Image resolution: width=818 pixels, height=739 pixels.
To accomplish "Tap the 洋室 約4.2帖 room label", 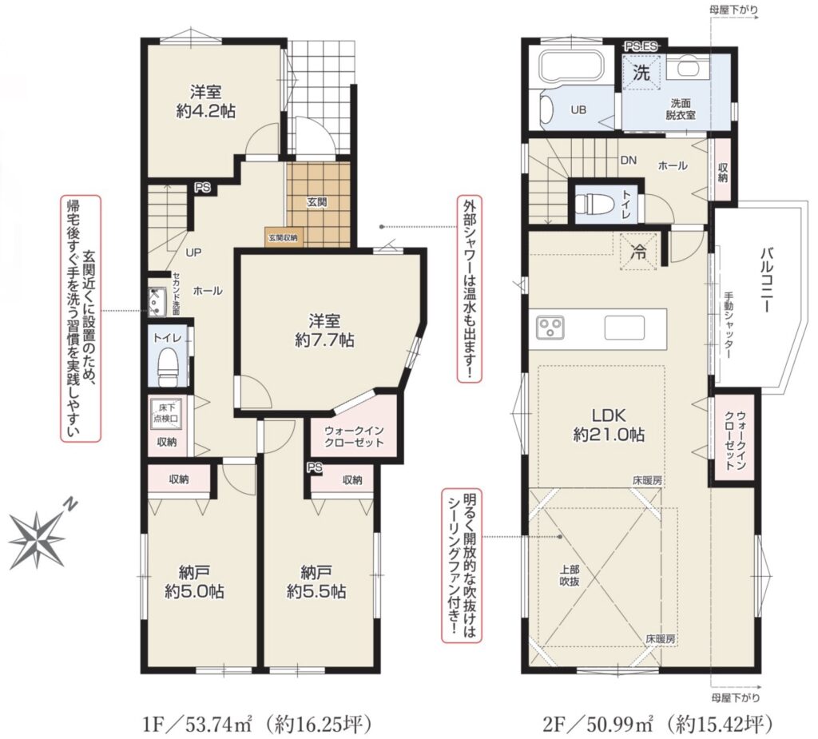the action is (205, 101).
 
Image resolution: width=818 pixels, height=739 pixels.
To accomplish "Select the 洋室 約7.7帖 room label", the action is (324, 331).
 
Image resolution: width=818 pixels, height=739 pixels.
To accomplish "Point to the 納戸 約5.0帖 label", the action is (195, 582).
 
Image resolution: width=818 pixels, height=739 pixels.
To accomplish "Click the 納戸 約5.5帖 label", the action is (316, 582).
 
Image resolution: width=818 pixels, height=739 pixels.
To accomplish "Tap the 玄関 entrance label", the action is (316, 202).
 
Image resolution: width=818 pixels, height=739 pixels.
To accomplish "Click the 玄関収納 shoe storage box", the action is (284, 237).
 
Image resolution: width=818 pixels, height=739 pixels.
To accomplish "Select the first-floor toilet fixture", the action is (168, 365).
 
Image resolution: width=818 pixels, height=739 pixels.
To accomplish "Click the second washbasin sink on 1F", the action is (157, 303).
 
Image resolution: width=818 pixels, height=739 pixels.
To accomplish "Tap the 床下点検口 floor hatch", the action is (165, 412).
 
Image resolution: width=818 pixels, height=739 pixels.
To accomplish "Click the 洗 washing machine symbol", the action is (641, 73).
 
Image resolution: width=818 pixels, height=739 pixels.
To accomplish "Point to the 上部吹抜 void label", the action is (569, 574).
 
